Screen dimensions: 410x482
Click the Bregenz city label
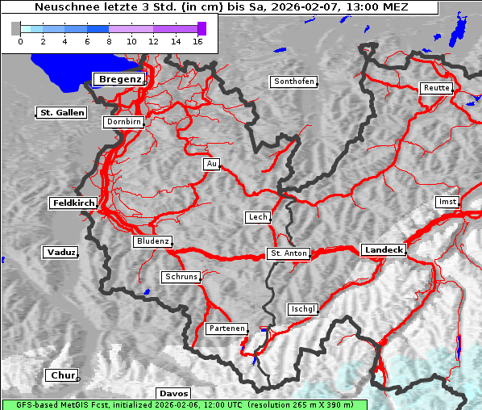coord(119,78)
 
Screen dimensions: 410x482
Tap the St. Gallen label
coord(61,112)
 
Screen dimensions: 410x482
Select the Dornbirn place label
coord(124,122)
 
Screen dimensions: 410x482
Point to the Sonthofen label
coord(294,82)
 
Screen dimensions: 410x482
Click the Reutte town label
coord(435,88)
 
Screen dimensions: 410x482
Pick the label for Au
coord(211,164)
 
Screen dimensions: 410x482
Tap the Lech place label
coord(257,217)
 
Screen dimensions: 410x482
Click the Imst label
coord(446,201)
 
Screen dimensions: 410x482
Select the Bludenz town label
coord(152,241)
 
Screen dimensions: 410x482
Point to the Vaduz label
coord(60,253)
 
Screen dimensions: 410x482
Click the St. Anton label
coord(288,253)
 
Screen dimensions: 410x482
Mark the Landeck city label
coord(384,250)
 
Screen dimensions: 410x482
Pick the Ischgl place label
coord(303,309)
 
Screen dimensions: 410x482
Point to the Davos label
coord(173,393)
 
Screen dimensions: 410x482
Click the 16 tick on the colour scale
coord(197,40)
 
